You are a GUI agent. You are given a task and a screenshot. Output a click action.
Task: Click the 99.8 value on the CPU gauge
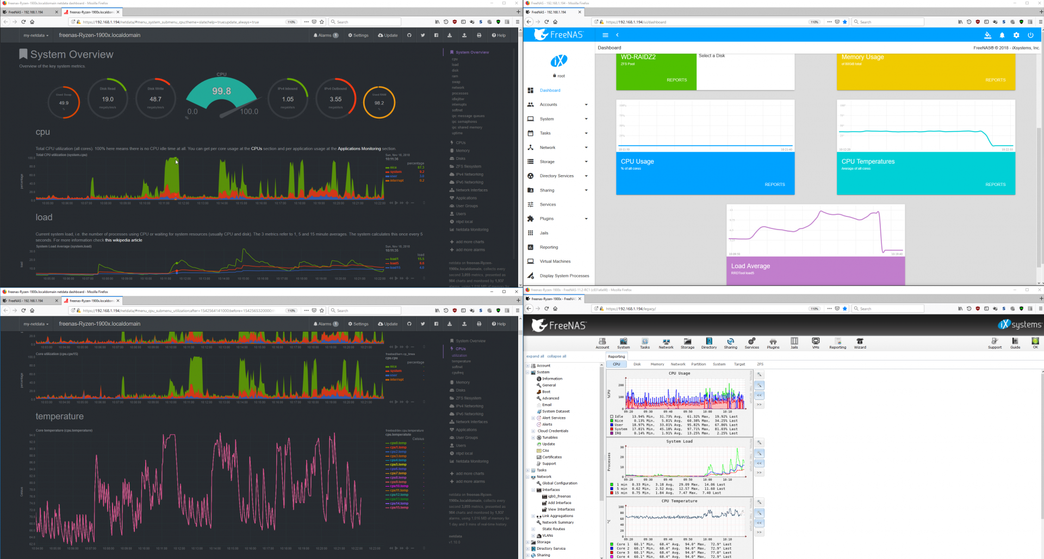(x=221, y=91)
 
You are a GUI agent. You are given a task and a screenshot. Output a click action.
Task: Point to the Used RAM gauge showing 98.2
(x=379, y=102)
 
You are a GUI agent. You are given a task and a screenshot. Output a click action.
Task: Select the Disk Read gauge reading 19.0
(x=108, y=100)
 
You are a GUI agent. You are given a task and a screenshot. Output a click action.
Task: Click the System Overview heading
(x=72, y=54)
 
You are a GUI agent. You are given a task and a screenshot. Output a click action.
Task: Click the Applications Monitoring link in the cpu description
(x=359, y=148)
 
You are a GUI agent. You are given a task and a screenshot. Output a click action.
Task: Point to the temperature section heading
(x=60, y=417)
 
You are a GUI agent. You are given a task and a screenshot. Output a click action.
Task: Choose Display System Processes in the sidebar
(x=564, y=276)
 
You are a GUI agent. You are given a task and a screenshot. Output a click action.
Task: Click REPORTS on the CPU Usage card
(x=774, y=184)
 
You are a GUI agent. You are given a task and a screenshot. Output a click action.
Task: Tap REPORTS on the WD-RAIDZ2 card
(x=676, y=80)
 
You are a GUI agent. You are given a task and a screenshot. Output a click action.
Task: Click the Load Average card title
(x=750, y=266)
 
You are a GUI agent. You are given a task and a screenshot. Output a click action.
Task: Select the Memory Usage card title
(x=862, y=57)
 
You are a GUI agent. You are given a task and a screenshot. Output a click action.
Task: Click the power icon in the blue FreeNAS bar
(x=1030, y=35)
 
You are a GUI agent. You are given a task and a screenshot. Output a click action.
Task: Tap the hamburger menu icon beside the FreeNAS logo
(x=605, y=35)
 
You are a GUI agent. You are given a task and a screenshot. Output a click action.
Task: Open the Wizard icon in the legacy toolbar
(x=860, y=343)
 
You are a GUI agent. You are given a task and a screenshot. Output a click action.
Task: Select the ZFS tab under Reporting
(x=760, y=364)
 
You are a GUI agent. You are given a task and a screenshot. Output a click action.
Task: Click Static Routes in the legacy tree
(x=553, y=529)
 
